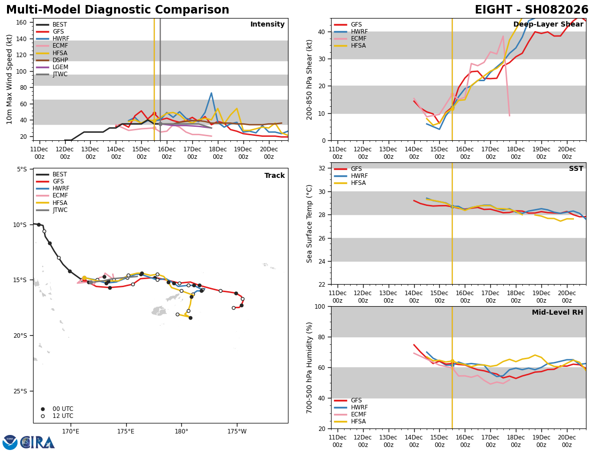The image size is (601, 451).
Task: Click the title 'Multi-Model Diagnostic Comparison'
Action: coord(118,10)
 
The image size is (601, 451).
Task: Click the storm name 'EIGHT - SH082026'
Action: coord(531,10)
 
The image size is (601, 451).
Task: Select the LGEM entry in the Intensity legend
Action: coord(60,67)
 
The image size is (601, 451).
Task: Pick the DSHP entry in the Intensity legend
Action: coord(60,60)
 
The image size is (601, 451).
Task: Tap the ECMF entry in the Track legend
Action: coord(60,196)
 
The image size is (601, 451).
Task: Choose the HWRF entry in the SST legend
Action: coord(359,176)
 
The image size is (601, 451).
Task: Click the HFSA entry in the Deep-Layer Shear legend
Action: coord(359,46)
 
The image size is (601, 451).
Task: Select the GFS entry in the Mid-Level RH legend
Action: coord(356,401)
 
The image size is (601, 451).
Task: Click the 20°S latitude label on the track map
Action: coord(20,336)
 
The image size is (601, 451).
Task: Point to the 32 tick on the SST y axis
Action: coord(323,168)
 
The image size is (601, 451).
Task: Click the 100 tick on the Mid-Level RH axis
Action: coord(321,307)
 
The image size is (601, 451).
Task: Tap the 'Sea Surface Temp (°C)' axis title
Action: coord(310,223)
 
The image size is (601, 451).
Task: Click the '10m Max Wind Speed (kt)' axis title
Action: coord(10,79)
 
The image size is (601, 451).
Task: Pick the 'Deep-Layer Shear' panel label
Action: coord(548,25)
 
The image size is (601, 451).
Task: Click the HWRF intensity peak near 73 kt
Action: coord(211,93)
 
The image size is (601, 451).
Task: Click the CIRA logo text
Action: coord(38,442)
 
